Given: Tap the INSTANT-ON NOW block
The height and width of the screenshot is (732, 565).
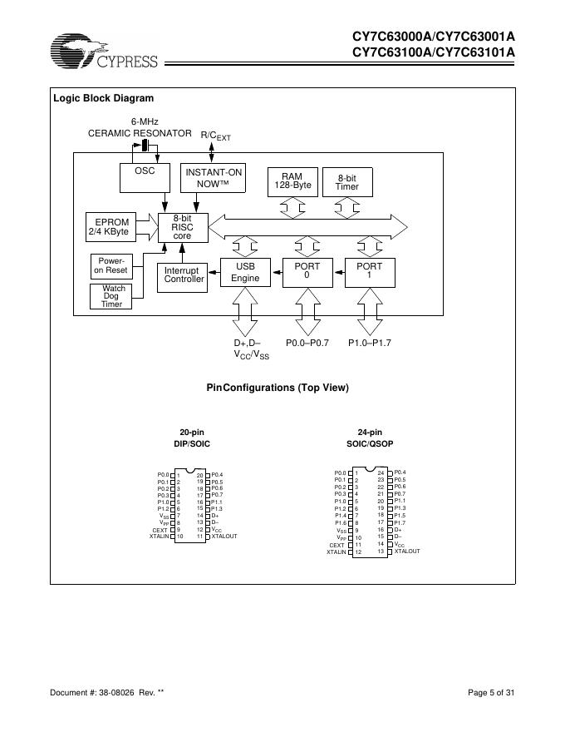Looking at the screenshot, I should [213, 177].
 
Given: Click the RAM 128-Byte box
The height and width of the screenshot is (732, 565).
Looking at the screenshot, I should [291, 181].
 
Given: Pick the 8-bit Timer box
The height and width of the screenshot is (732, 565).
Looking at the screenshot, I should [346, 182].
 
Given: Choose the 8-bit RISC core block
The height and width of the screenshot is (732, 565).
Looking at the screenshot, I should [182, 226].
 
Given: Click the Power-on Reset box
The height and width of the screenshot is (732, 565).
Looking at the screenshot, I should [110, 266].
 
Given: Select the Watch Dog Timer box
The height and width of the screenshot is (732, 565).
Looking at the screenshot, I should [111, 296].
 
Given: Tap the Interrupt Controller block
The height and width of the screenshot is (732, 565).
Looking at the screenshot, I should [183, 275].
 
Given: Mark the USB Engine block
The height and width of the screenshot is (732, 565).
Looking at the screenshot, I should [245, 272].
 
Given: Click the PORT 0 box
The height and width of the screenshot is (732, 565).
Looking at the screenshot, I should [307, 271].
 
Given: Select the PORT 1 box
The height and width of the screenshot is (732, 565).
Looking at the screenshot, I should [369, 271].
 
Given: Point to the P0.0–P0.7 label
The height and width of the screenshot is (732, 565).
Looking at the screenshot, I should [308, 343].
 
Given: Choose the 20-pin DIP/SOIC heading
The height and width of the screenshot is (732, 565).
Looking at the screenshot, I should [192, 438].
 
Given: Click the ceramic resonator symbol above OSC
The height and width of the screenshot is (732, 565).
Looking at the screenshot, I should [145, 146].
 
